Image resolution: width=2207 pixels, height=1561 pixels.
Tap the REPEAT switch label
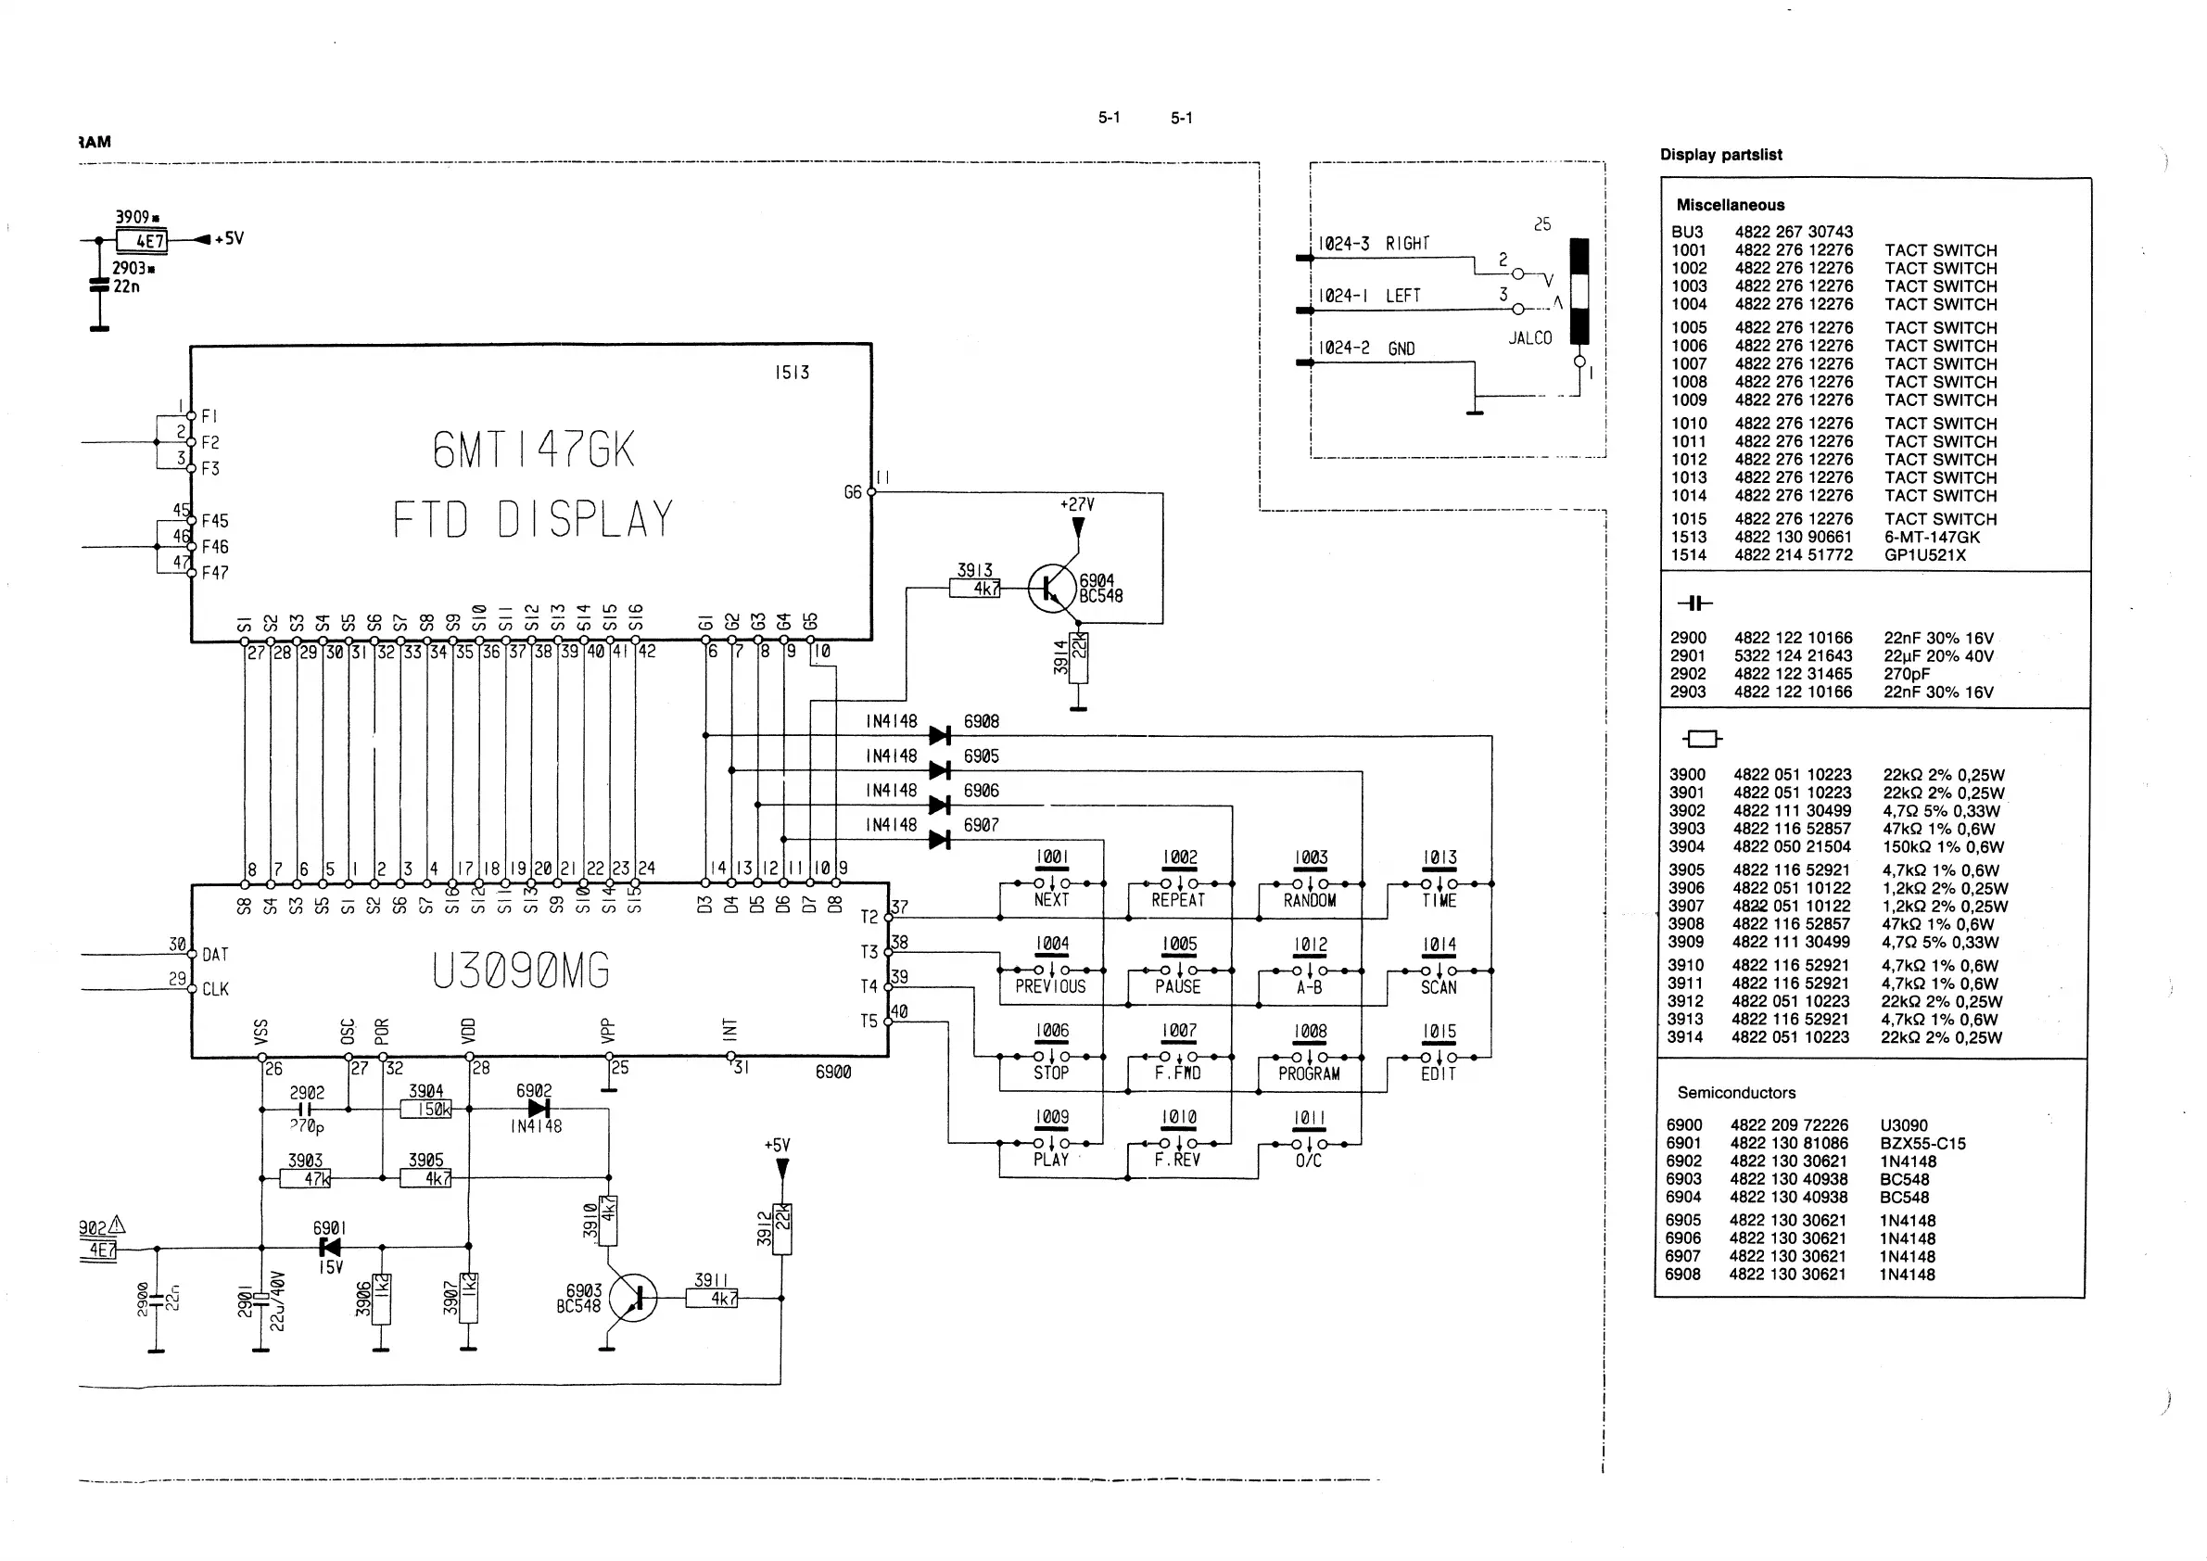(x=1177, y=900)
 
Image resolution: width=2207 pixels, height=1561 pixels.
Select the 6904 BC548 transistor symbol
(x=1052, y=588)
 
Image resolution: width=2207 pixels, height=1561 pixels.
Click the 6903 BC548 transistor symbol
(x=633, y=1298)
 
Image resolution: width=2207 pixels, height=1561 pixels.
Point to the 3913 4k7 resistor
(x=975, y=588)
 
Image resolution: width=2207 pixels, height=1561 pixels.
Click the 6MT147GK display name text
(x=534, y=450)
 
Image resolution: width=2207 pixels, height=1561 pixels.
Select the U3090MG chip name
(x=520, y=970)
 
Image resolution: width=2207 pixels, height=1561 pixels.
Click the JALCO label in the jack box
(x=1529, y=338)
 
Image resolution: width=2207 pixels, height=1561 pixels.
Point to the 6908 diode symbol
(x=940, y=736)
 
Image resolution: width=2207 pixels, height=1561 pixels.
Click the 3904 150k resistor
(x=425, y=1110)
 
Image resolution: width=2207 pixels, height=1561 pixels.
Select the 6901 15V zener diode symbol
(x=330, y=1248)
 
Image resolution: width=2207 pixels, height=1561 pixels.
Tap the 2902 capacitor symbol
(x=306, y=1110)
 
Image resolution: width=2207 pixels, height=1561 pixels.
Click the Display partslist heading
(x=1720, y=155)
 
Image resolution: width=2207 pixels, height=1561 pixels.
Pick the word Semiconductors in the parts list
(x=1736, y=1093)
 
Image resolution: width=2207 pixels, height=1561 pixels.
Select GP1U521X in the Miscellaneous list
(x=1924, y=554)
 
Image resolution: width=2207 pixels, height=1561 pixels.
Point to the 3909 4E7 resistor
(x=140, y=240)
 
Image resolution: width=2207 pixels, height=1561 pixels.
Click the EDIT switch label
(x=1438, y=1073)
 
